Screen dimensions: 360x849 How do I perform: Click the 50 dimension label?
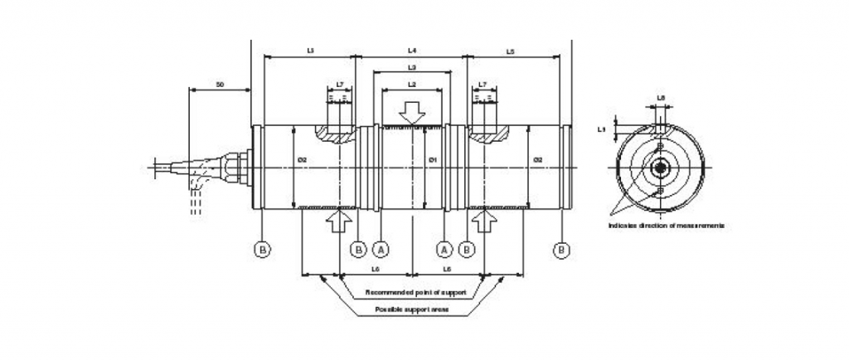(x=220, y=84)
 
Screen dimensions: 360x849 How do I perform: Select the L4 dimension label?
(x=412, y=51)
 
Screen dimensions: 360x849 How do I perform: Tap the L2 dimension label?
(x=412, y=85)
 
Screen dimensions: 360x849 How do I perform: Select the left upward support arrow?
(x=340, y=221)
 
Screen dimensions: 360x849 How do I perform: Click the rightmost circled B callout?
(x=564, y=249)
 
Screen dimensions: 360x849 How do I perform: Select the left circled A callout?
(x=381, y=249)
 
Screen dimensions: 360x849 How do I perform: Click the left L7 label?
(x=341, y=85)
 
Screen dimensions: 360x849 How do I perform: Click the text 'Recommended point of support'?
(x=416, y=293)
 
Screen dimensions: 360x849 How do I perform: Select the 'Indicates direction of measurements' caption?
(x=666, y=226)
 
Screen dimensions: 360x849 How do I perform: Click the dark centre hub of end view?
(x=660, y=168)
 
